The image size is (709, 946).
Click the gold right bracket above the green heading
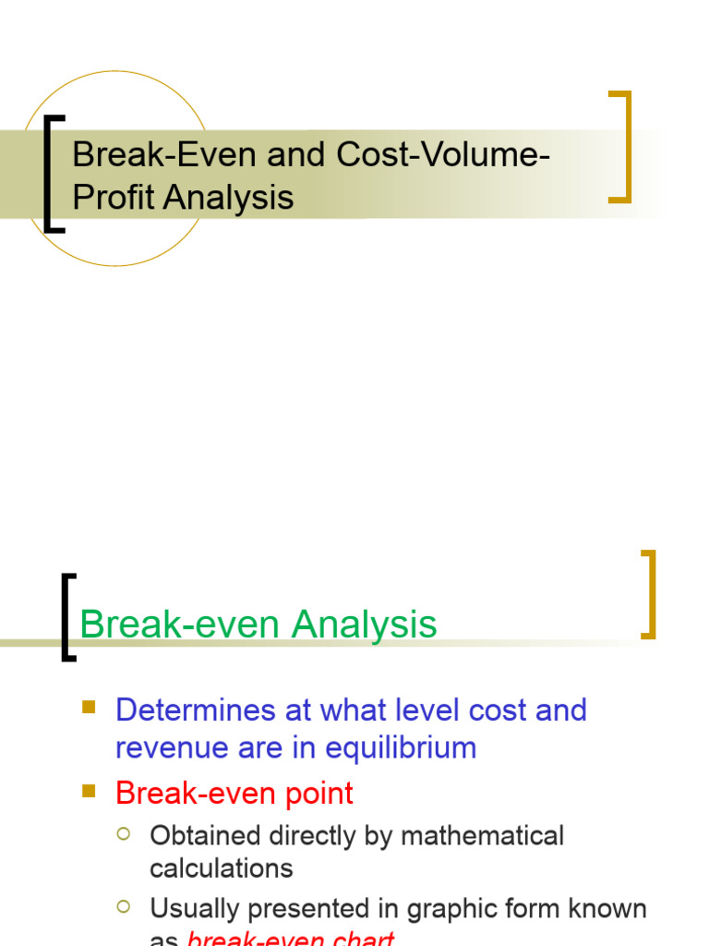649,593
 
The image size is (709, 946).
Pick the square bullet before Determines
89,708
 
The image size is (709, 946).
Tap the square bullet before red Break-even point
89,791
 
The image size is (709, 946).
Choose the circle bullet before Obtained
124,834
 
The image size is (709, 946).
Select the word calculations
222,868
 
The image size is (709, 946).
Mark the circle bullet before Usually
124,907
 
